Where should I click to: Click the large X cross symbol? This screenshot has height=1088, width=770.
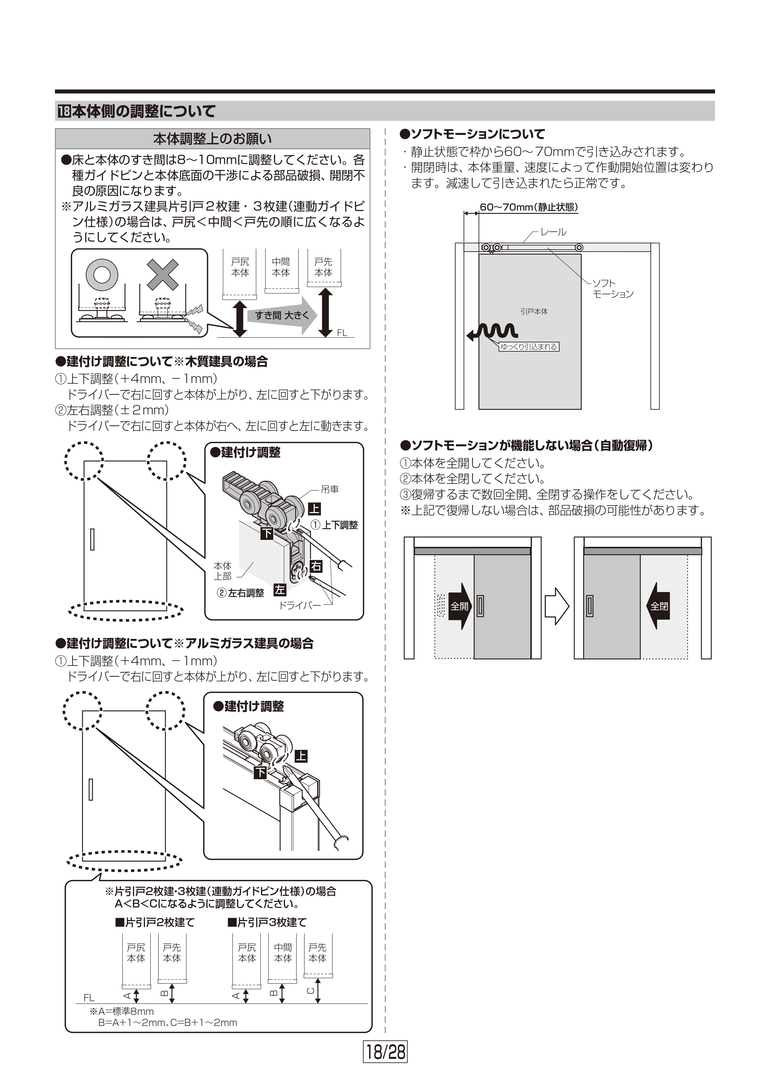(163, 274)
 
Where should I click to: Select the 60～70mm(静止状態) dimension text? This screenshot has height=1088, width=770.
(528, 207)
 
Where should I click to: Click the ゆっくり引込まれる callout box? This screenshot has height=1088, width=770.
(529, 347)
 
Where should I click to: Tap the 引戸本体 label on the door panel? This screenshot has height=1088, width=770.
(534, 311)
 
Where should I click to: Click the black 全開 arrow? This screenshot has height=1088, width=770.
(460, 606)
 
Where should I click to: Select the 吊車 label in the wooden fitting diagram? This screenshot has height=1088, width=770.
(330, 489)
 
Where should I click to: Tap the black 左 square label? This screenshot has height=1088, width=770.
(280, 590)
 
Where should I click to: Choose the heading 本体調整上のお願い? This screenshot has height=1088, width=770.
(212, 139)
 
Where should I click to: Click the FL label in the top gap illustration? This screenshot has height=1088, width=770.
(342, 333)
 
